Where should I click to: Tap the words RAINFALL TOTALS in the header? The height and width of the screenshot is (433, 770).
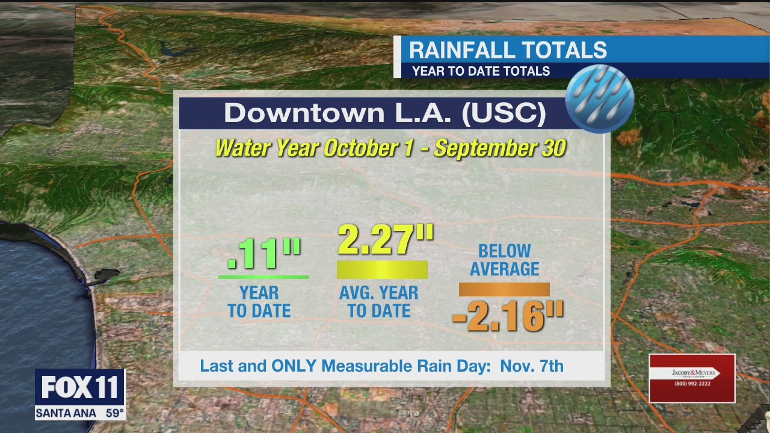508,50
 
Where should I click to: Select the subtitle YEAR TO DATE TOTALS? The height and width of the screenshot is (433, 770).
481,71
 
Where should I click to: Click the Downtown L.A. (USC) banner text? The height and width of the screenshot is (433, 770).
385,113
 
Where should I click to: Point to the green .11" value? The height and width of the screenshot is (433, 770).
263,254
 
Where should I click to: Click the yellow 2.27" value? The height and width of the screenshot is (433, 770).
385,239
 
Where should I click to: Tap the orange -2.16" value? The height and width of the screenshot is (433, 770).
507,316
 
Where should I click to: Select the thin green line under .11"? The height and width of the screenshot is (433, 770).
263,277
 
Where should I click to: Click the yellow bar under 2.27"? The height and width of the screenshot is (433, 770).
382,270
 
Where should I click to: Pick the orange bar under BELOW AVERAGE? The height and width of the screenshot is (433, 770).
504,289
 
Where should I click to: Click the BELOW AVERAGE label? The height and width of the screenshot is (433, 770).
504,260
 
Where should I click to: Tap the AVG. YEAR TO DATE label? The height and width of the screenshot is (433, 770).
379,302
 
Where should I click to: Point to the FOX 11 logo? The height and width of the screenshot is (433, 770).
79,388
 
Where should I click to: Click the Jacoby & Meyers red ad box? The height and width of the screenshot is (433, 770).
692,378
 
